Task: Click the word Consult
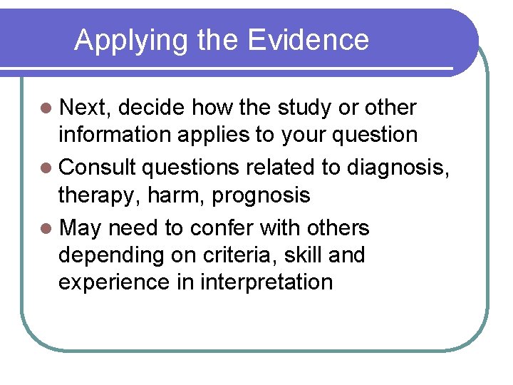[98, 168]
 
